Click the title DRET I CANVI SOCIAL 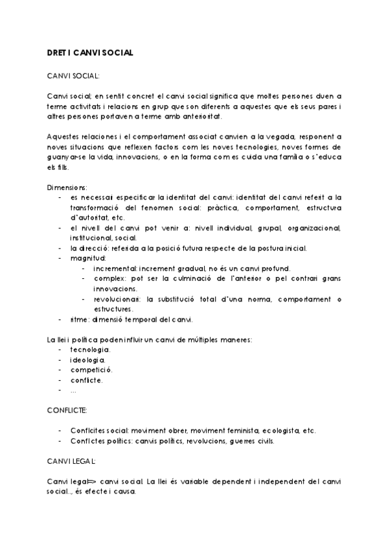point(91,53)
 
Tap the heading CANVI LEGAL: point(71,461)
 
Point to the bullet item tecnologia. point(90,350)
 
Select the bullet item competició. point(91,370)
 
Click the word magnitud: point(89,257)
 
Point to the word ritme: point(82,320)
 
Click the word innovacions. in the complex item point(115,289)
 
